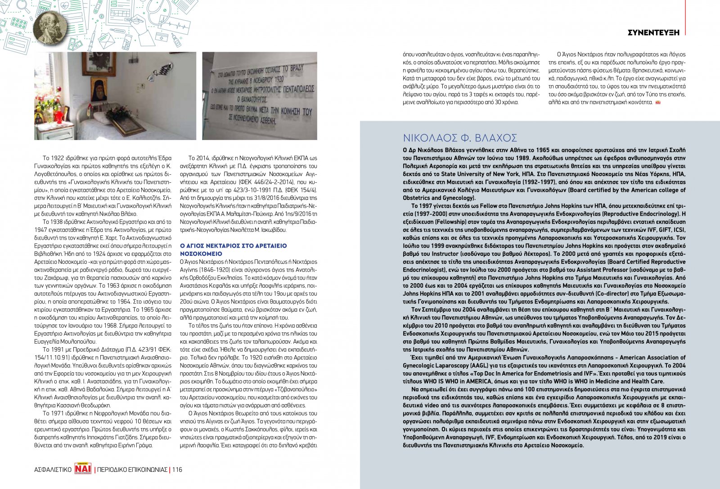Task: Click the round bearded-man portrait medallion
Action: click(x=50, y=27)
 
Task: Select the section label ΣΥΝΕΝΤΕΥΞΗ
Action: click(x=653, y=32)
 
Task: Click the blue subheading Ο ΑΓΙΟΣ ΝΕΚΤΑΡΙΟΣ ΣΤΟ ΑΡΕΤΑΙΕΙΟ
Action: click(x=233, y=246)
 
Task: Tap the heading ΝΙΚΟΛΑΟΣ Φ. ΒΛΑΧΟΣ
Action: click(x=460, y=138)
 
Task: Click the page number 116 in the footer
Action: click(x=177, y=470)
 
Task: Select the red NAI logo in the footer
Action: click(x=83, y=469)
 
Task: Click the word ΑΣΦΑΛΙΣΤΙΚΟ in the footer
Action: click(x=53, y=470)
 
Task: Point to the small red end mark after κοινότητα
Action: click(x=657, y=103)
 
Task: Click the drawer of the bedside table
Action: click(x=49, y=134)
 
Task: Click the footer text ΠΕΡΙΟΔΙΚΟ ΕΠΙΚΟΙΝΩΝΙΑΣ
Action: click(x=132, y=470)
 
